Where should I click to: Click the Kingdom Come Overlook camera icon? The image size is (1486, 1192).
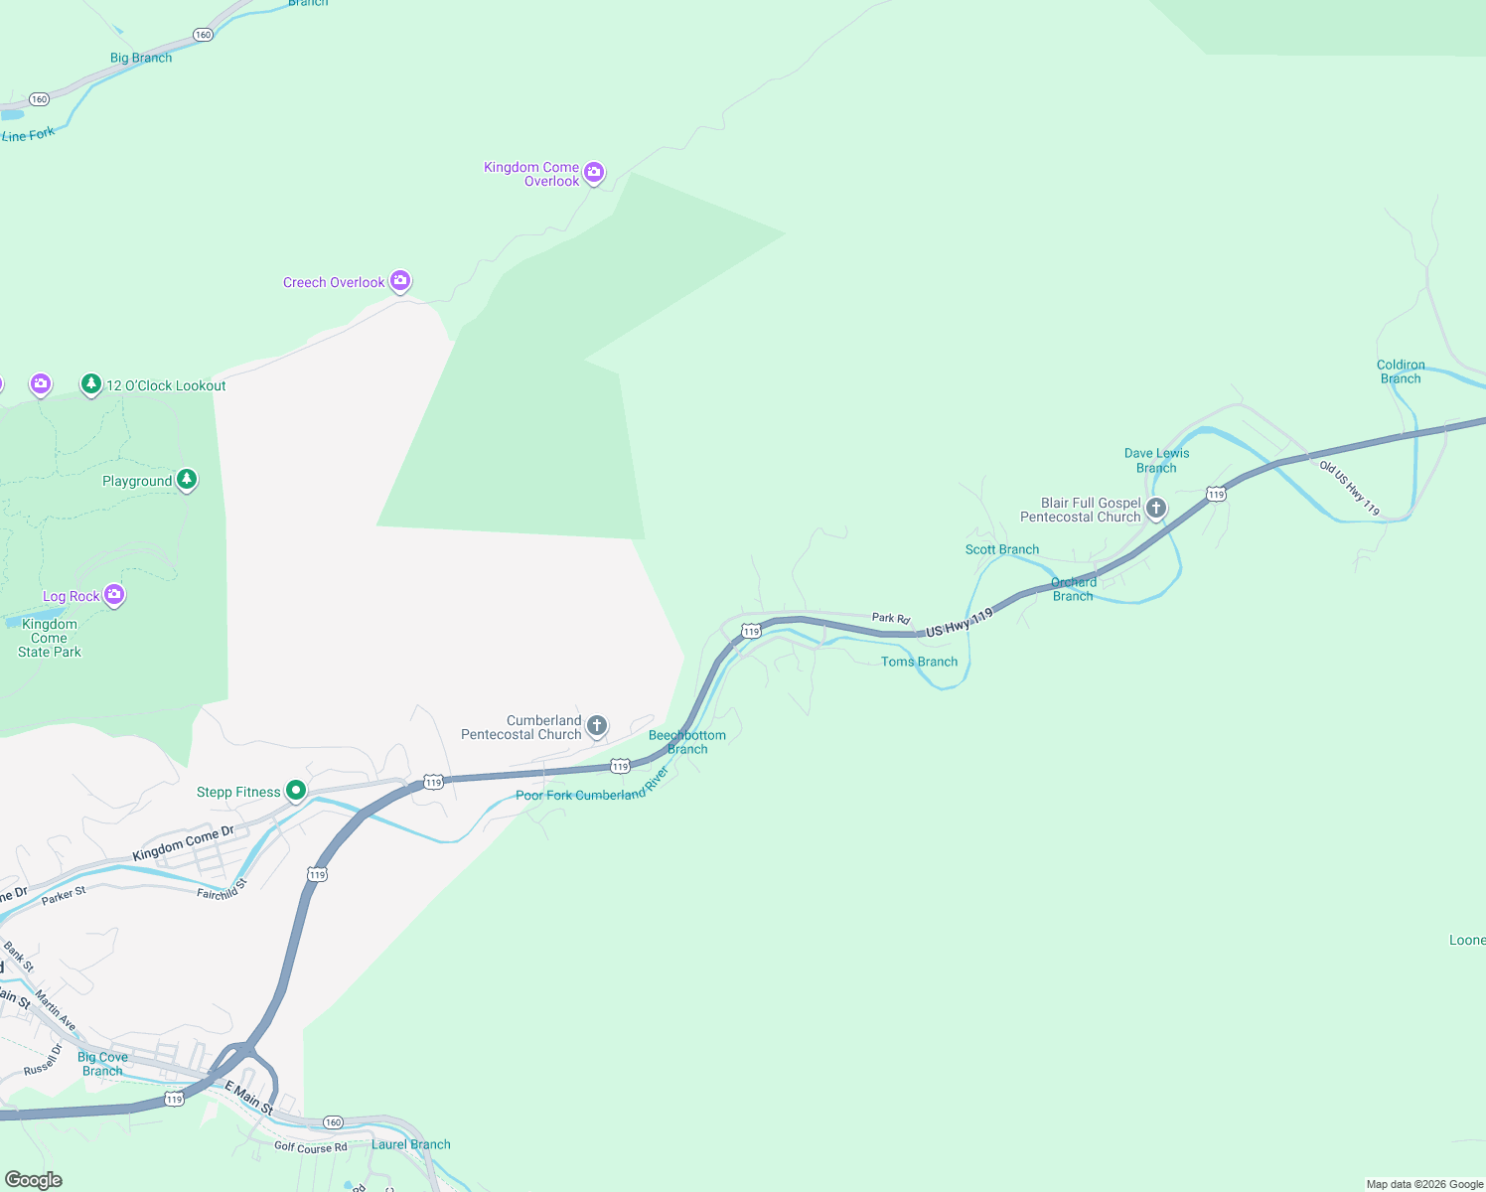point(594,173)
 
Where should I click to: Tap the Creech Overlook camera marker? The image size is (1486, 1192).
point(400,281)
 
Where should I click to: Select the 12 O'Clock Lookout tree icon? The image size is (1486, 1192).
point(91,383)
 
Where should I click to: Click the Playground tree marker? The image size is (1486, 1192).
point(186,480)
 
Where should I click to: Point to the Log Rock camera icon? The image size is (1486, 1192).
point(114,594)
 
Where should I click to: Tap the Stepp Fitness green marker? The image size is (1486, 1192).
point(296,791)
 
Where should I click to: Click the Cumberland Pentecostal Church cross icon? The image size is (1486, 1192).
point(597,725)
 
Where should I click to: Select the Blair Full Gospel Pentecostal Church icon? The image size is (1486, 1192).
point(1156,509)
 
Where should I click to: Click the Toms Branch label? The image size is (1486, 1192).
point(919,662)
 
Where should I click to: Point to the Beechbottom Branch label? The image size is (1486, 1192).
point(687,742)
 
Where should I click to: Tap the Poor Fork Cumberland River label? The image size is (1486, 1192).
point(592,789)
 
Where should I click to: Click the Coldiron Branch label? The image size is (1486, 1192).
point(1401,372)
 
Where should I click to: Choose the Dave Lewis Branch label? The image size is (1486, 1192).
point(1156,460)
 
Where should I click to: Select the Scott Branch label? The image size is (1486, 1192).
point(1002,549)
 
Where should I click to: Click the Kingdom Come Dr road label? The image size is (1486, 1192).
point(183,843)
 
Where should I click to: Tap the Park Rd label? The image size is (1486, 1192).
point(891,618)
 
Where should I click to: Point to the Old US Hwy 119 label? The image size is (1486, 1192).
point(1349,488)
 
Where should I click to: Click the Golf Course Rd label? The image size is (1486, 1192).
point(311,1147)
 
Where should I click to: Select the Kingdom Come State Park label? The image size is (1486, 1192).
point(50,638)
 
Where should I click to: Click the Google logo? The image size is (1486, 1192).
point(34,1180)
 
